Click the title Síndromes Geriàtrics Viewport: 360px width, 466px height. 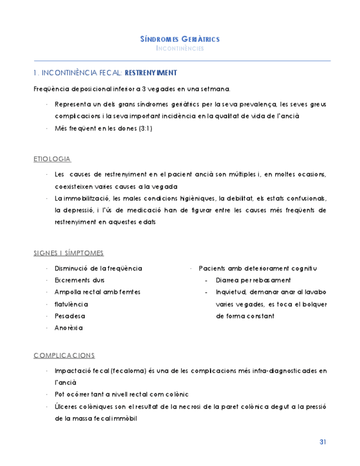coord(180,39)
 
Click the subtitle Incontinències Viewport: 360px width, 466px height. coord(180,48)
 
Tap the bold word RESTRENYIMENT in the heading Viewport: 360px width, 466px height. coord(151,73)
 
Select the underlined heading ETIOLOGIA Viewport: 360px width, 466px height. coord(52,159)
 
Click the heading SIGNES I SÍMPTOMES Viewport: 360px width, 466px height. coord(69,253)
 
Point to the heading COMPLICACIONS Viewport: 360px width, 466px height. coord(64,355)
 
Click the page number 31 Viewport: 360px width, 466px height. coord(323,442)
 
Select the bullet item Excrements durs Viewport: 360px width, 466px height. coord(80,280)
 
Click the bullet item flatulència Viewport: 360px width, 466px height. coord(71,304)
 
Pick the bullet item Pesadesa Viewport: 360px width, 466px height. coord(70,316)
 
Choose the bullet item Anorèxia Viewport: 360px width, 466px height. coord(69,328)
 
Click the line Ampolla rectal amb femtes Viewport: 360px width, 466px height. coord(97,292)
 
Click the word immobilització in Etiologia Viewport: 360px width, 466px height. coord(84,198)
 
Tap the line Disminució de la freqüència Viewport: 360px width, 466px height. coord(98,268)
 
